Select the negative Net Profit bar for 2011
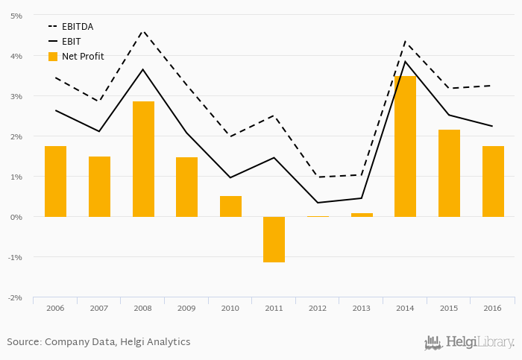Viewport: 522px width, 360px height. [x=274, y=239]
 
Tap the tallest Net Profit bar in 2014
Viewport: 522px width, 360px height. [x=405, y=146]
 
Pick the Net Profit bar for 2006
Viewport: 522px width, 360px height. [x=55, y=181]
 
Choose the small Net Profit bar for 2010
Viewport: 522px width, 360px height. [x=230, y=206]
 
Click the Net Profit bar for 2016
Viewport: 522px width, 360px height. [x=493, y=181]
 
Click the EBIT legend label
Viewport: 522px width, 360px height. [x=72, y=42]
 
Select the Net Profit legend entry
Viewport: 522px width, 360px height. [x=82, y=57]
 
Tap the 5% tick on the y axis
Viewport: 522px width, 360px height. [x=16, y=16]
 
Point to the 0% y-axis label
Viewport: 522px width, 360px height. [x=16, y=217]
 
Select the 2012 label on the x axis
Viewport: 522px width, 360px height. [x=318, y=308]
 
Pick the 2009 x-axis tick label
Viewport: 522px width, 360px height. [x=186, y=308]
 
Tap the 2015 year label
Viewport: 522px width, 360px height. [x=449, y=308]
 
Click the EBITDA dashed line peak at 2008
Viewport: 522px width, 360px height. [x=143, y=31]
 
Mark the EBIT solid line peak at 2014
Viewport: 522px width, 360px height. [x=405, y=61]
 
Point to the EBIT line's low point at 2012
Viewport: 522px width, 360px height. [x=318, y=203]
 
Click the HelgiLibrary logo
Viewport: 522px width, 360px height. [x=469, y=343]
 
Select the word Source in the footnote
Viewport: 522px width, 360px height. [x=23, y=342]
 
